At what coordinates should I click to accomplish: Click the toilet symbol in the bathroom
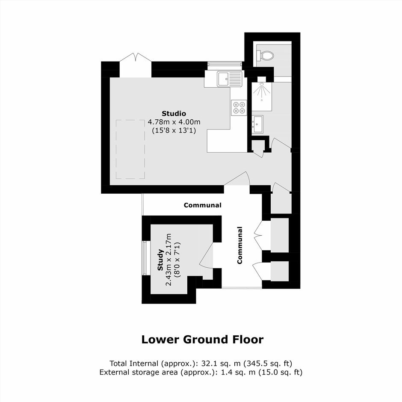pyautogui.click(x=265, y=55)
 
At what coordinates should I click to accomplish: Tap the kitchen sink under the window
pyautogui.click(x=230, y=79)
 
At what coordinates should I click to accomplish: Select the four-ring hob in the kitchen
pyautogui.click(x=239, y=107)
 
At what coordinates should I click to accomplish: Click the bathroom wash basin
pyautogui.click(x=257, y=124)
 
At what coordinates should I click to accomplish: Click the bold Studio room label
pyautogui.click(x=174, y=113)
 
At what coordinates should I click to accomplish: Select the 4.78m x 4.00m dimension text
pyautogui.click(x=174, y=122)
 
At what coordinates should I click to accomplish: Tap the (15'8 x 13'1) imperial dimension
pyautogui.click(x=174, y=130)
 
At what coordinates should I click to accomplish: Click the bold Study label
pyautogui.click(x=160, y=260)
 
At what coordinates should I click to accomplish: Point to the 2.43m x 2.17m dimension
pyautogui.click(x=168, y=260)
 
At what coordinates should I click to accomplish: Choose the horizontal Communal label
pyautogui.click(x=203, y=205)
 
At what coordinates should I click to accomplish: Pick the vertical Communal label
pyautogui.click(x=240, y=245)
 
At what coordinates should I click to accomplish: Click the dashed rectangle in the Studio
pyautogui.click(x=130, y=149)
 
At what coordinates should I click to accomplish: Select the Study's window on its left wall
pyautogui.click(x=145, y=258)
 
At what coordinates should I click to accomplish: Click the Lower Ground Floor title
pyautogui.click(x=202, y=340)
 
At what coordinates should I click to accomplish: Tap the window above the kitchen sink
pyautogui.click(x=225, y=64)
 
